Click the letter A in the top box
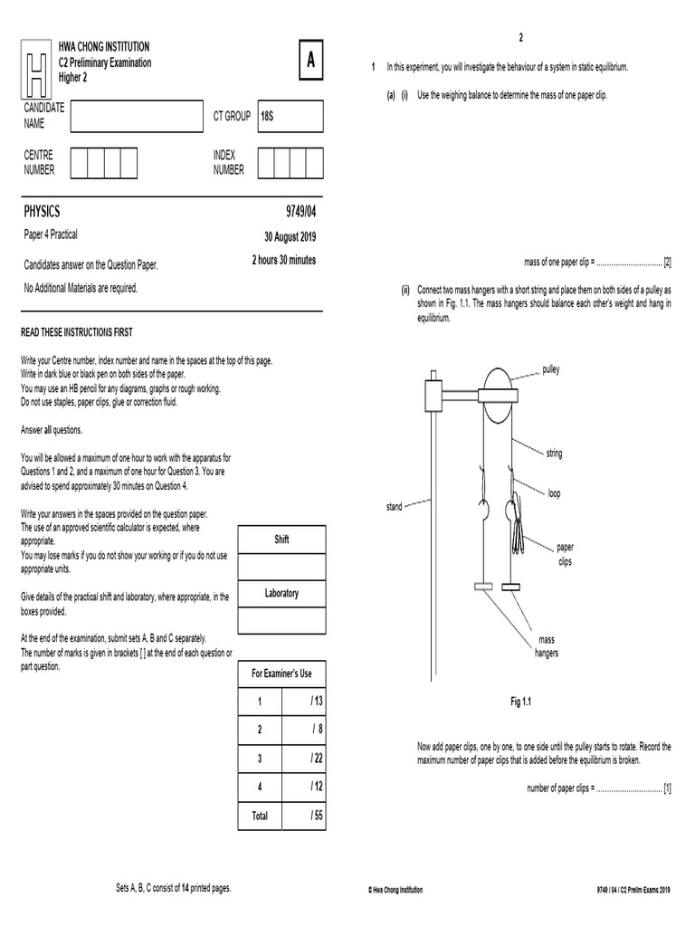coord(311,62)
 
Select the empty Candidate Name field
coord(137,117)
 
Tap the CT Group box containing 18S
coord(290,117)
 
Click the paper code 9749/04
coord(300,212)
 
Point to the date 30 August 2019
coord(290,237)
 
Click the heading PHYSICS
coord(42,212)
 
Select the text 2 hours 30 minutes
coord(283,261)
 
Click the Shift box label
coord(281,540)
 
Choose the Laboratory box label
coord(281,594)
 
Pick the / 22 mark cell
coord(315,759)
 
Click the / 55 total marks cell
coord(315,816)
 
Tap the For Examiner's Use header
coord(281,674)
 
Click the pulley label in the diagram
coord(551,370)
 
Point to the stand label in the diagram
coord(394,507)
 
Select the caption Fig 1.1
coord(524,702)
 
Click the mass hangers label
coord(547,646)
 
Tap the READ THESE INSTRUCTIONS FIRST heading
coord(76,333)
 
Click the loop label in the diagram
coord(554,493)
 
